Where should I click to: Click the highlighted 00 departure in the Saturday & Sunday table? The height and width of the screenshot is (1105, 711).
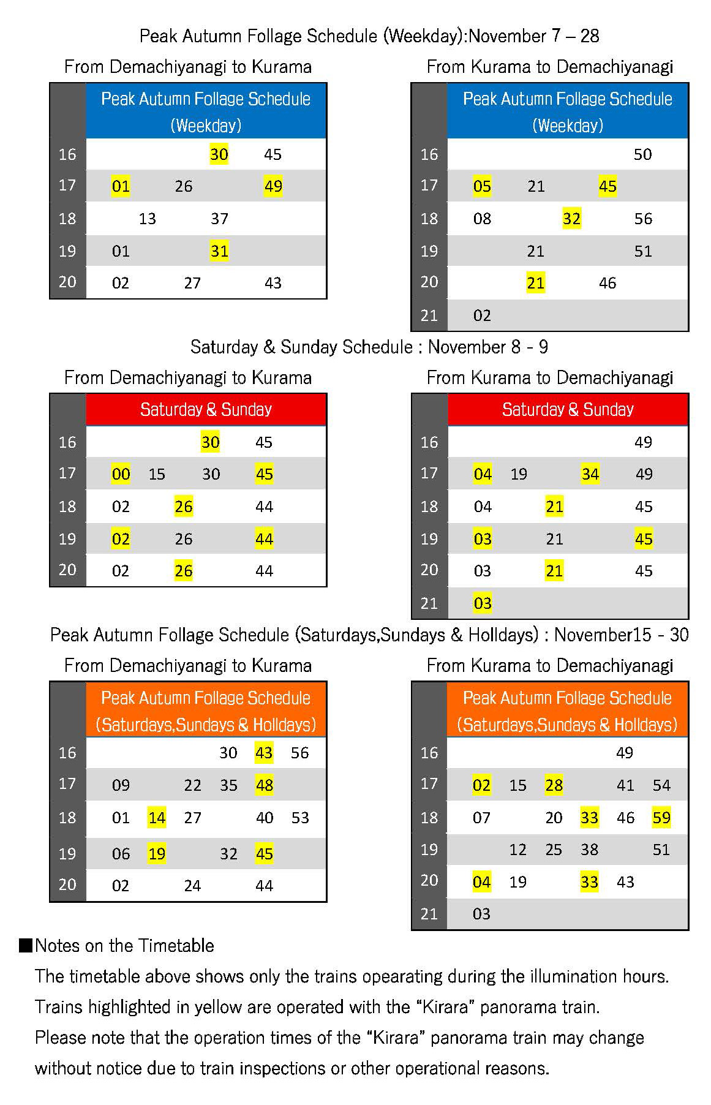[121, 474]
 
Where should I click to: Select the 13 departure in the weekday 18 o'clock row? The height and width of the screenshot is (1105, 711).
[147, 219]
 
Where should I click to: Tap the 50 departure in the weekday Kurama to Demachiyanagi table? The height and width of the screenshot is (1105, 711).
[642, 154]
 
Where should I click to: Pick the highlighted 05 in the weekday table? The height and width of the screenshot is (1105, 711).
[482, 186]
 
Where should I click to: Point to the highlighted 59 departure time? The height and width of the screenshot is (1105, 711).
[661, 817]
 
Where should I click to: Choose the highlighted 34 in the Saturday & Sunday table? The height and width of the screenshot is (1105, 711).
[590, 474]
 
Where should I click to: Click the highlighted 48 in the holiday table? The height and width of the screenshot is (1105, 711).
[264, 785]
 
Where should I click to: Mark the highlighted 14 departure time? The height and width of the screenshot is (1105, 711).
[157, 818]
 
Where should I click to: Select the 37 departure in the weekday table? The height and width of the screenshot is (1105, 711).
[219, 219]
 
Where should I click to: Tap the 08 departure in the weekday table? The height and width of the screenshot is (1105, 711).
[482, 219]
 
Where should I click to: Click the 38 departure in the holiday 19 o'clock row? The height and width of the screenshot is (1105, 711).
[589, 850]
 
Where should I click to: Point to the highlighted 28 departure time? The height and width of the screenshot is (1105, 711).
[554, 785]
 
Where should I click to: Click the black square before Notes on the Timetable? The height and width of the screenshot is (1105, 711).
[26, 945]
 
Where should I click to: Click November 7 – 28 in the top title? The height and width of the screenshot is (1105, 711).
[533, 36]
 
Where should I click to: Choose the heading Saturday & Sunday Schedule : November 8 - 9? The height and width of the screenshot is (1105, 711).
[369, 347]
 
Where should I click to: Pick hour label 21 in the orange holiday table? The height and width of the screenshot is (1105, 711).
[429, 914]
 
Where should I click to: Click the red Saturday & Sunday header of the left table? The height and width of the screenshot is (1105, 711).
[206, 409]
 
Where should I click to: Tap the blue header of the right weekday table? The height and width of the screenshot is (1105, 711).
[567, 111]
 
